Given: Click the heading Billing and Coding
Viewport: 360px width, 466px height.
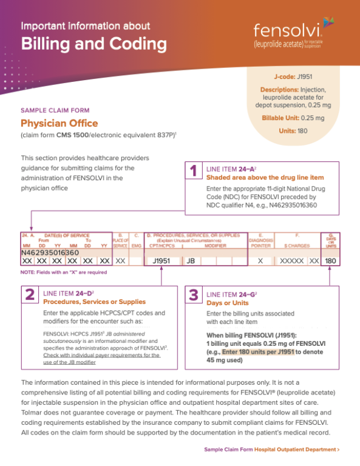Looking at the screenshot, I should (94, 44).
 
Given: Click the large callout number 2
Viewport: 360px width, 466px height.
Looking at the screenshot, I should (29, 295).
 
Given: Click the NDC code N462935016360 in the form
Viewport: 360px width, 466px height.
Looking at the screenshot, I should (50, 252).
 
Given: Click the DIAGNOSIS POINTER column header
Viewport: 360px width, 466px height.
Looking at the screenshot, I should (260, 240).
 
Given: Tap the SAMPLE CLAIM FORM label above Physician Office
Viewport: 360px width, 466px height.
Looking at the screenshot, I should (55, 110).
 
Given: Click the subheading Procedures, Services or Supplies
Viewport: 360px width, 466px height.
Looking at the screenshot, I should (94, 301).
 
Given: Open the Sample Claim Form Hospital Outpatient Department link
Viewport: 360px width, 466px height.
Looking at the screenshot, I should (272, 450).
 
